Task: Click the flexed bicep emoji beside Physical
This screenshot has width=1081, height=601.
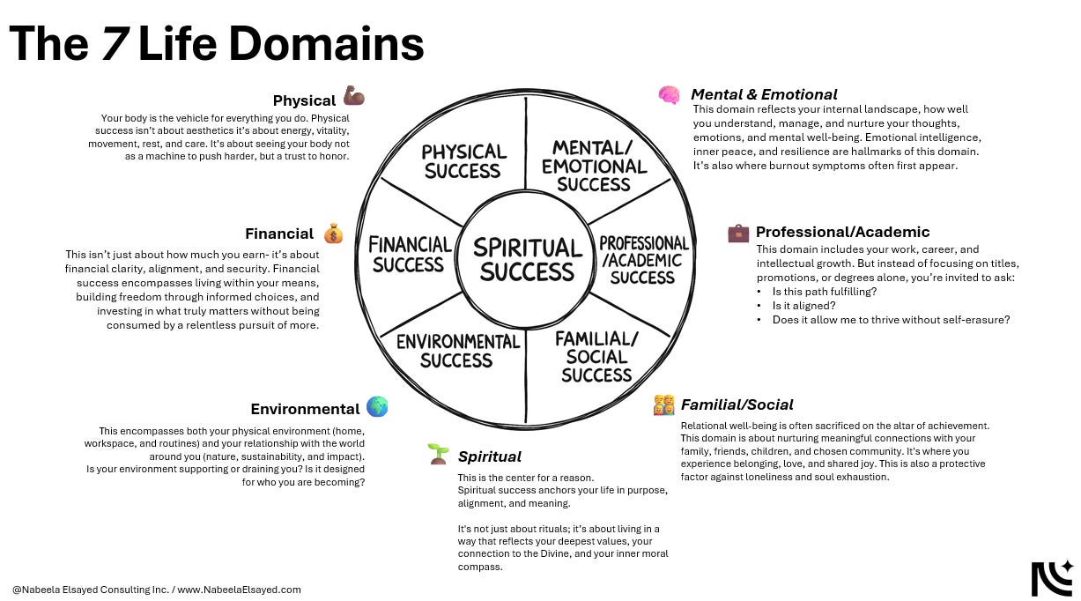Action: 354,96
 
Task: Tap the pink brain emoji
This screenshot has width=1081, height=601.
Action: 669,95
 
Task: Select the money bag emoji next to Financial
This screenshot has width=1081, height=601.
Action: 333,234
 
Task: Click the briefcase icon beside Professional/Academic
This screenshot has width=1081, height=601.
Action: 738,233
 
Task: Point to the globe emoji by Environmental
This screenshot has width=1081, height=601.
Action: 377,407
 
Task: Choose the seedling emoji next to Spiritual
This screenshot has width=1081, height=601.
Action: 438,455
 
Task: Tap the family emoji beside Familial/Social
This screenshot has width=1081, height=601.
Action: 663,404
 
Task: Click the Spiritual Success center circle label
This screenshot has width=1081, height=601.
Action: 527,259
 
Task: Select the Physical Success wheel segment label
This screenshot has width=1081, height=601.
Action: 463,161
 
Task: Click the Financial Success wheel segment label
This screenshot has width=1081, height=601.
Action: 410,254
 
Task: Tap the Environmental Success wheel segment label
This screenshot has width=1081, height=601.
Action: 457,351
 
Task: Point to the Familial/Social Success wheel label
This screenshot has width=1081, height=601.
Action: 596,356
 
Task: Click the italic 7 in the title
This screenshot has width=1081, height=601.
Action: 113,44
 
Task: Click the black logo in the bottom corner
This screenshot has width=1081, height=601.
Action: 1052,578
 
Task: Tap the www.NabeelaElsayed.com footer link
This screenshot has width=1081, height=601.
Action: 239,590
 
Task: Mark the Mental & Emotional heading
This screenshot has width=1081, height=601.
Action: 764,94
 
